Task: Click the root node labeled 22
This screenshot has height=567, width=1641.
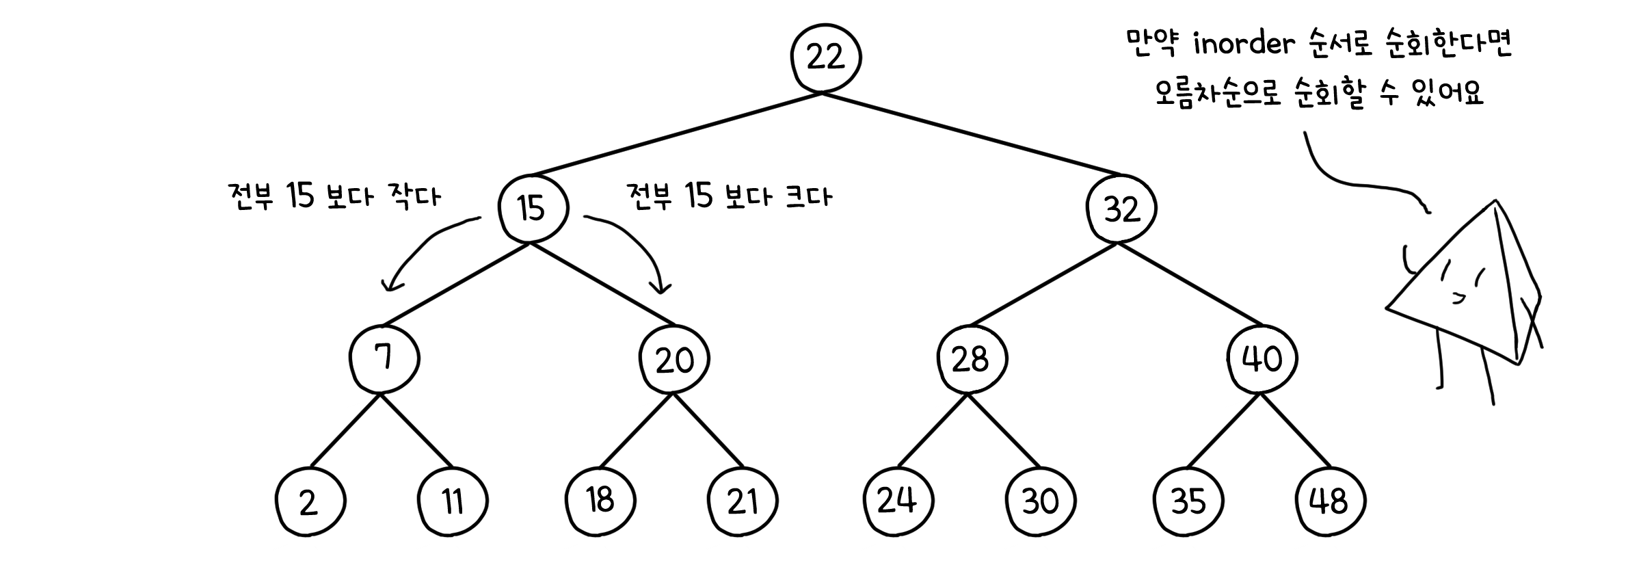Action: click(825, 57)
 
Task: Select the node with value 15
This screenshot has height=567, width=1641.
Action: click(533, 208)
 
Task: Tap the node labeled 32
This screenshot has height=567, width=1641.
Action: click(1122, 208)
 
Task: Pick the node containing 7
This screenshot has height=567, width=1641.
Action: click(384, 358)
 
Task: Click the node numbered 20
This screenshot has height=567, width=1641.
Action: click(675, 359)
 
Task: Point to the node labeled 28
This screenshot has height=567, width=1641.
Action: click(971, 358)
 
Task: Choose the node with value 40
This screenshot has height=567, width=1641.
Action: click(1262, 358)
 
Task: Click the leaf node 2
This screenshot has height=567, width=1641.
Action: click(310, 503)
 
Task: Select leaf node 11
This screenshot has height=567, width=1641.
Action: click(453, 501)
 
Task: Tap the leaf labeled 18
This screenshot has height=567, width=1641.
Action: click(600, 500)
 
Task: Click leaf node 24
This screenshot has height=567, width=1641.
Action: click(897, 501)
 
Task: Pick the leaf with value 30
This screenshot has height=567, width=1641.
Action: click(1041, 501)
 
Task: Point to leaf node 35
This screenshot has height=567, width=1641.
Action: click(1188, 501)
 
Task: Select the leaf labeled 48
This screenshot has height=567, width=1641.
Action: click(1330, 501)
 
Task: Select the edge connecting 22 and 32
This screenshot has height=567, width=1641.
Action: click(971, 133)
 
